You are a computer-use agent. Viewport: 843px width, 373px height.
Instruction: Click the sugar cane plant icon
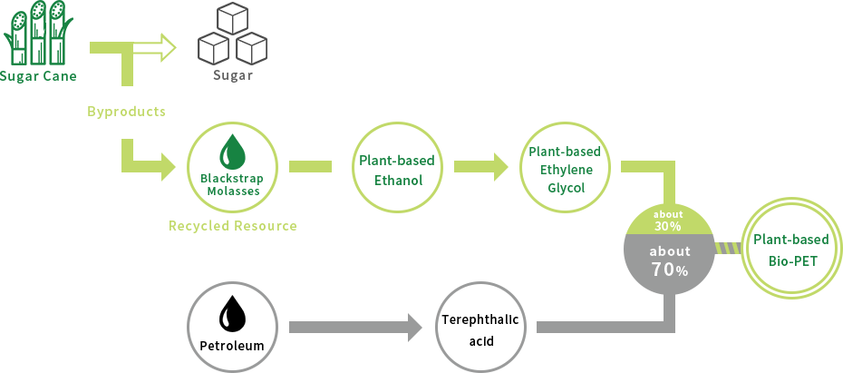click(38, 33)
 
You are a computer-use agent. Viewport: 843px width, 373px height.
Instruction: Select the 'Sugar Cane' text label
click(38, 76)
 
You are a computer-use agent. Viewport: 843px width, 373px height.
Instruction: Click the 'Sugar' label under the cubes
click(233, 75)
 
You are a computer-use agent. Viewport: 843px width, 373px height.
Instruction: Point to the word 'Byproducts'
click(126, 112)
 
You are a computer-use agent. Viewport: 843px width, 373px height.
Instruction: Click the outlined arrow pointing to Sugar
click(155, 48)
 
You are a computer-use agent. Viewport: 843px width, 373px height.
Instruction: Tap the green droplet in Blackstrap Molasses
click(232, 151)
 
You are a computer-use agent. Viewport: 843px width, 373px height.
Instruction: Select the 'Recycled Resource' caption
click(233, 225)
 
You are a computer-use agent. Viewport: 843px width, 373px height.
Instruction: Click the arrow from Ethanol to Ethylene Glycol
click(480, 166)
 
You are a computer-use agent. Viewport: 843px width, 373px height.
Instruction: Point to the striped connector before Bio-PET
click(728, 248)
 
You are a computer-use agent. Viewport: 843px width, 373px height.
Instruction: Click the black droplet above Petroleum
click(232, 313)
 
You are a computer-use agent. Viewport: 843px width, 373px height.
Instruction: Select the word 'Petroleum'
click(232, 346)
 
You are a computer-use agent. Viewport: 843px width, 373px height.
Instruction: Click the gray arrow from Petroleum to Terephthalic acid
click(356, 328)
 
